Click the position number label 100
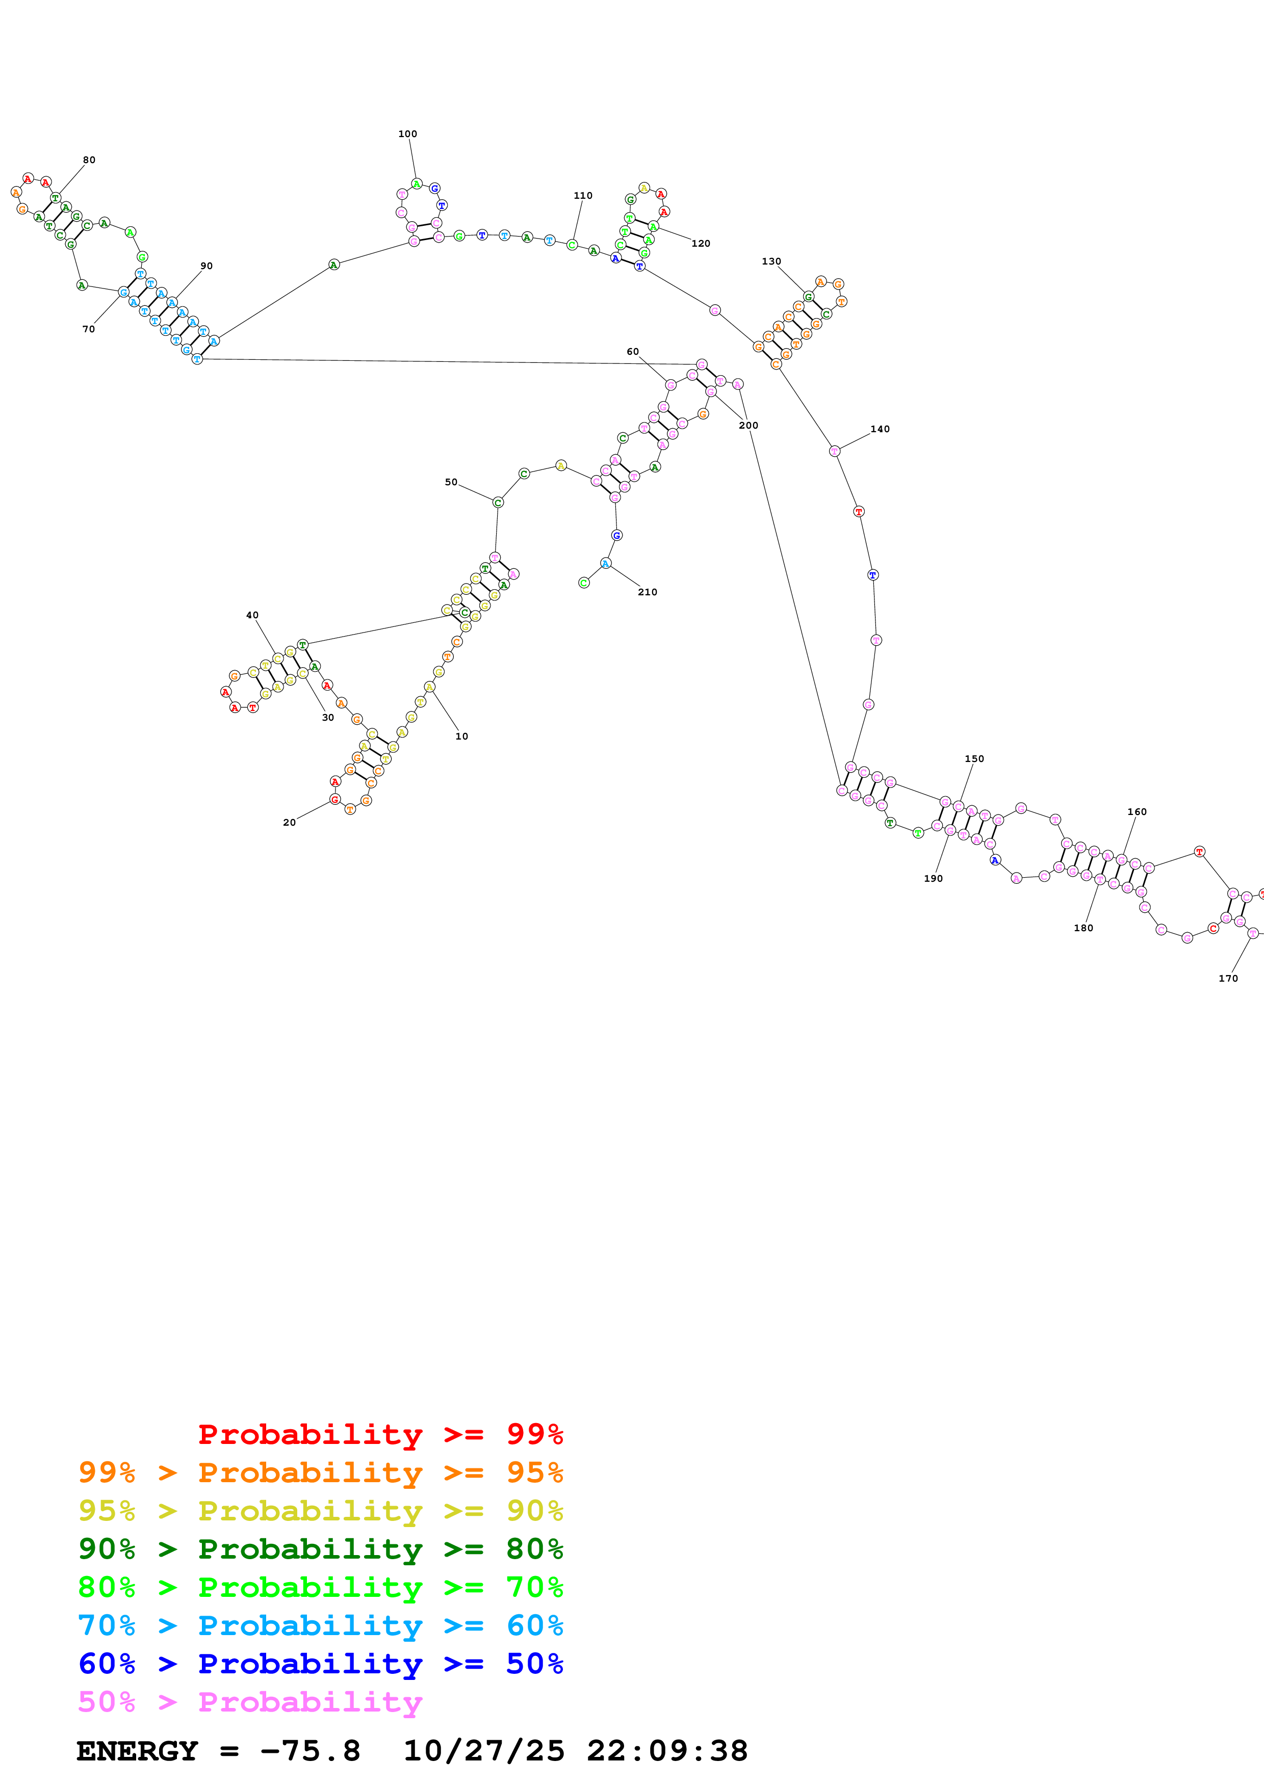pos(407,134)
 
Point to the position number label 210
pos(647,592)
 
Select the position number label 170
pos(1228,978)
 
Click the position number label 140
pos(880,429)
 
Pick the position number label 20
pos(289,822)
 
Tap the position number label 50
pos(451,482)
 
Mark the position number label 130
pos(771,261)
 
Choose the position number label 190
pos(933,878)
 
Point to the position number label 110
pos(583,195)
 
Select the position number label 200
pos(749,425)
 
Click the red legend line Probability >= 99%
pos(380,1434)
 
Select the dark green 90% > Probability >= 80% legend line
pos(320,1549)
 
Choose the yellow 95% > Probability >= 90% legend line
pos(320,1511)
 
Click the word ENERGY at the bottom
pos(137,1751)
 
